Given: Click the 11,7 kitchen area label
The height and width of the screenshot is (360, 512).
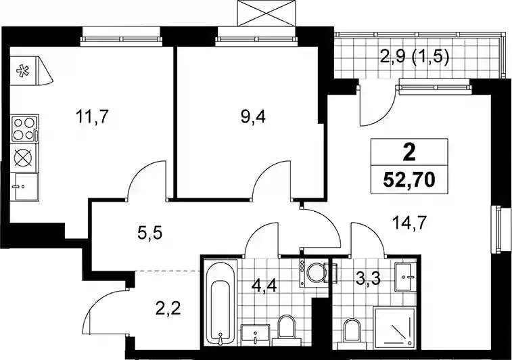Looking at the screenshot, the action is [x=91, y=117].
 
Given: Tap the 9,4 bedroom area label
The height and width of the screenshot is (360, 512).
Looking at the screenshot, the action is [x=253, y=117].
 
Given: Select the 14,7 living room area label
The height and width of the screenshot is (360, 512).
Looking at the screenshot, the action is [x=409, y=224].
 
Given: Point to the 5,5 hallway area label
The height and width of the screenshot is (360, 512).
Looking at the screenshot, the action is [x=149, y=233].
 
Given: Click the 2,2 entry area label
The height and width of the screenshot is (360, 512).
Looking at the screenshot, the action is [x=168, y=308].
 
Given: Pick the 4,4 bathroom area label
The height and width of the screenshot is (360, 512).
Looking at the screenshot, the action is [x=264, y=286].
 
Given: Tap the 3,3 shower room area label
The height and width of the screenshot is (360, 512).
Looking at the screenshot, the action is [x=369, y=279].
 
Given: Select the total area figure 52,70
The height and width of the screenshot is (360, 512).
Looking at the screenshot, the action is [x=409, y=179].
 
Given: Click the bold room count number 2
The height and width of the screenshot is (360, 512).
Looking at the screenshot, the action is [x=409, y=152].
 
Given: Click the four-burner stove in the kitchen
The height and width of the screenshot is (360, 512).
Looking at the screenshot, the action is [x=24, y=128].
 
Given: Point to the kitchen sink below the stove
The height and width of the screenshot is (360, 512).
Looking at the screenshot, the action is [x=24, y=186].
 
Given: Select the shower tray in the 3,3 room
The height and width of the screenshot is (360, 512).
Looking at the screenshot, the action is [x=394, y=326].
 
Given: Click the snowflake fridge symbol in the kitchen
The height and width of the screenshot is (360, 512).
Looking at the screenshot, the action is [x=23, y=71].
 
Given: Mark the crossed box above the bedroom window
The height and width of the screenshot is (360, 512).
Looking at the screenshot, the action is [x=267, y=13].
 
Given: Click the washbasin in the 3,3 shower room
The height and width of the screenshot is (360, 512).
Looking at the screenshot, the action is [x=405, y=277].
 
